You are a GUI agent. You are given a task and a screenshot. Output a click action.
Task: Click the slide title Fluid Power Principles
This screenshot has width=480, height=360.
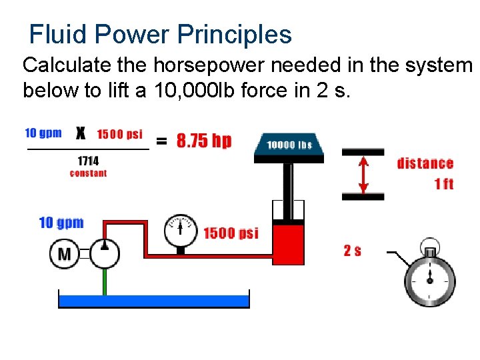161,34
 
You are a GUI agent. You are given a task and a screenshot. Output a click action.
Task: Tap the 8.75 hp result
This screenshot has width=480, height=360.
204,141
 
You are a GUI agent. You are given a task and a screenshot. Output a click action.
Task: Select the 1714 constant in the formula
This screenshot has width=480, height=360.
88,161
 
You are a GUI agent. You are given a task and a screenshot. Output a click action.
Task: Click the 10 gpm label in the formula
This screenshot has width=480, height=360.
43,133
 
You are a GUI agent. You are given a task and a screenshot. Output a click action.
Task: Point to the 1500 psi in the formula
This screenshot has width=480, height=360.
120,134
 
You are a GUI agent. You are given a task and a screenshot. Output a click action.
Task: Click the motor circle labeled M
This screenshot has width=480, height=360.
64,253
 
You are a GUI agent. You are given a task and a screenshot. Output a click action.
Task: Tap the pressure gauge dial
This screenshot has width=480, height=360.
181,230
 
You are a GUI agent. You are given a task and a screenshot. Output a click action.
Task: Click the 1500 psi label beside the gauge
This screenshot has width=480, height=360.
231,233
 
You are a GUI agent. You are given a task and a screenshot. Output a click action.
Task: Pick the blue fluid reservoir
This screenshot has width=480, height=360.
154,300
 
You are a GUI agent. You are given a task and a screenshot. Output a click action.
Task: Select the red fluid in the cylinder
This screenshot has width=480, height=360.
288,244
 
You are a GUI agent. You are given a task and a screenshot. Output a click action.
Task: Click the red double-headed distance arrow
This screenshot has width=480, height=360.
363,174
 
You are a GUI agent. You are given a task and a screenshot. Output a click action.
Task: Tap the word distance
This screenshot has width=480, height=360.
425,163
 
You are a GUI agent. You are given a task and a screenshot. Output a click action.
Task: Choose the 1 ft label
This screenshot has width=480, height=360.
443,183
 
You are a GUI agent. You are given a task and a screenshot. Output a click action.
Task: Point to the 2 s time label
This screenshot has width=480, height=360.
353,251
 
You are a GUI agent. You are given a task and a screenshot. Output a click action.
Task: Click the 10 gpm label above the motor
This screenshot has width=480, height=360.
61,223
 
